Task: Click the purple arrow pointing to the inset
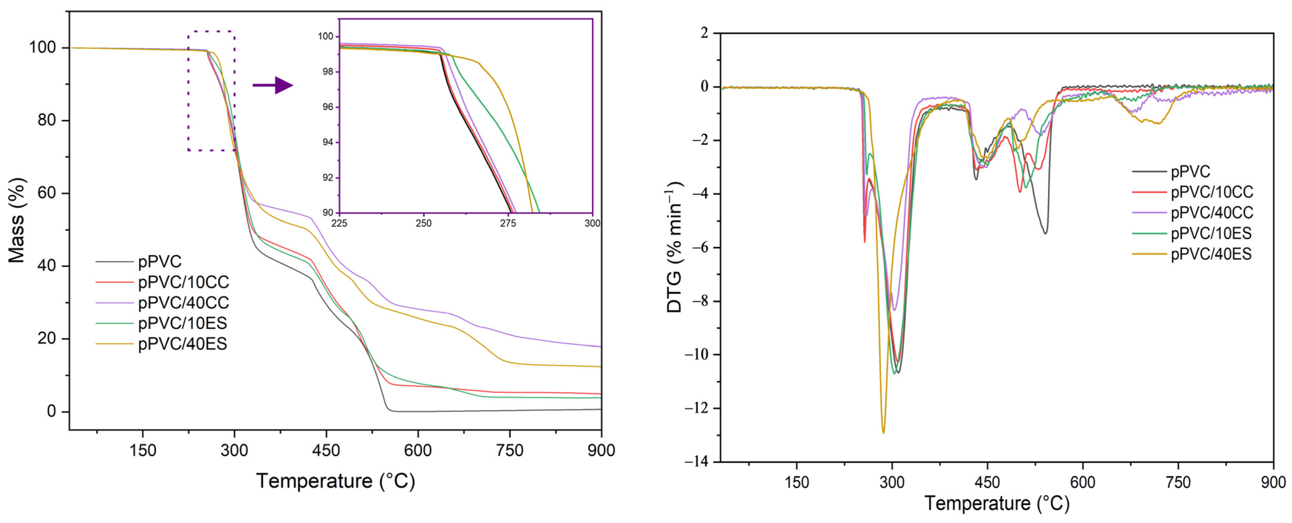click(x=273, y=85)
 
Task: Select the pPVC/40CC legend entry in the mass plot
click(x=183, y=303)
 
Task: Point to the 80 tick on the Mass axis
click(x=46, y=121)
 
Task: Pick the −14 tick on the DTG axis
click(x=696, y=461)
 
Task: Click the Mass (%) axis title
click(x=17, y=220)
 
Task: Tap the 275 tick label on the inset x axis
click(x=508, y=223)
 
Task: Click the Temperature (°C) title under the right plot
click(x=997, y=503)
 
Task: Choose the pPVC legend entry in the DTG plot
click(x=1190, y=172)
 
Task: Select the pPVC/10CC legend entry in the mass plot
click(x=183, y=282)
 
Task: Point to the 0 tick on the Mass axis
click(x=51, y=412)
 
